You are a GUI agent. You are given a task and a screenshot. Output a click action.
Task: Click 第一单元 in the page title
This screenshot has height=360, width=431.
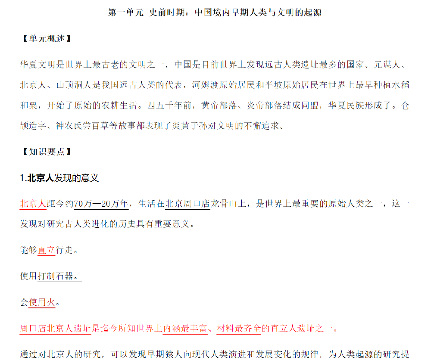[x=126, y=12]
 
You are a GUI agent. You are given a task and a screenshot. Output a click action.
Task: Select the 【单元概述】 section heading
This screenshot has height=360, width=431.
[x=47, y=38]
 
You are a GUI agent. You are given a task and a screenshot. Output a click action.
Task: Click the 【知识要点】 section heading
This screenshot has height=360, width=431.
[x=47, y=152]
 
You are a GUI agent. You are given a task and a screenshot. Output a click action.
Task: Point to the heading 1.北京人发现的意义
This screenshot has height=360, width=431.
[x=59, y=178]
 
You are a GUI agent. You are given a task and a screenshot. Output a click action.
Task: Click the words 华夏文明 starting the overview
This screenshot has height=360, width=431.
[x=38, y=65]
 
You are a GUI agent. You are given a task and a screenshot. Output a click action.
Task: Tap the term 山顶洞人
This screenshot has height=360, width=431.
[x=74, y=85]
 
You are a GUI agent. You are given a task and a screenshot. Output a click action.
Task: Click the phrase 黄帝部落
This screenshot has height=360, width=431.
[x=219, y=106]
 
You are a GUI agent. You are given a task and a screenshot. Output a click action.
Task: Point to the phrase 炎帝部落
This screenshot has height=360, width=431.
[x=265, y=106]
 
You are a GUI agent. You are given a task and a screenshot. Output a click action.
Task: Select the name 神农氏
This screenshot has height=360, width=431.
[x=69, y=126]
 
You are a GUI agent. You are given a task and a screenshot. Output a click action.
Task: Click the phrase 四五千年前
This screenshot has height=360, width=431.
[x=169, y=106]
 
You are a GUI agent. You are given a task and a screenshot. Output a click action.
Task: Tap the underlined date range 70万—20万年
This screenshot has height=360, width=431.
[x=101, y=204]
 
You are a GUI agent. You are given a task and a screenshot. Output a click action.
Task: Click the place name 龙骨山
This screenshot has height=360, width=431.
[x=224, y=204]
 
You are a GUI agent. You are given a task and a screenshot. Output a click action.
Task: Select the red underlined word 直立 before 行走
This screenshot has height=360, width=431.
[x=47, y=250]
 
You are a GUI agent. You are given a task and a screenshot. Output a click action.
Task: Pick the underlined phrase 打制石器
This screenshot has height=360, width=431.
[x=56, y=276]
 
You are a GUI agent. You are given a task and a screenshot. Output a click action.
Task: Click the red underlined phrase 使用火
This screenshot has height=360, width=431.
[x=42, y=302]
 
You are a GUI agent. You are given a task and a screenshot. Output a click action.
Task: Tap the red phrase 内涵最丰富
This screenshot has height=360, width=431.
[x=185, y=329]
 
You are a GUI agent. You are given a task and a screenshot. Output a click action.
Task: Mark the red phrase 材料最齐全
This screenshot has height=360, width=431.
[x=239, y=329]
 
